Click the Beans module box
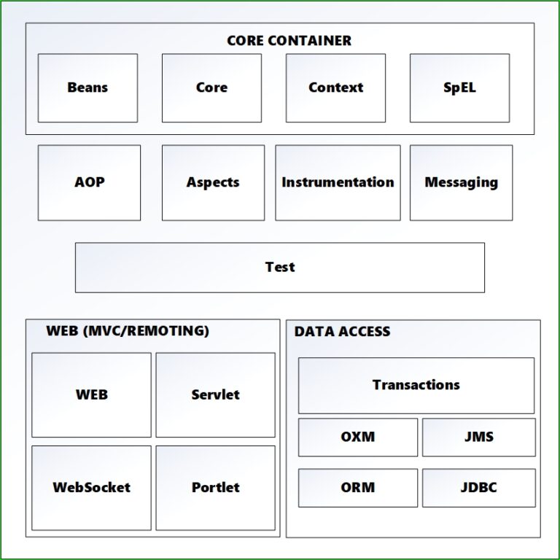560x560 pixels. [x=87, y=87]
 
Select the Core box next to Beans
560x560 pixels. [x=211, y=87]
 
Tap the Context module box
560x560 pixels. [x=335, y=87]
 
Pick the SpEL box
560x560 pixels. [x=459, y=87]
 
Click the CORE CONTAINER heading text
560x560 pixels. [x=289, y=41]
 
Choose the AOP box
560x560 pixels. [x=89, y=182]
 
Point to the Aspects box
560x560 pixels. [x=213, y=182]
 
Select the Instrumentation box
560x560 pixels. [x=338, y=182]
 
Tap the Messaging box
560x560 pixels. [x=461, y=182]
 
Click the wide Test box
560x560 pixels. [x=280, y=267]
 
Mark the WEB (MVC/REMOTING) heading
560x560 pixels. [x=128, y=331]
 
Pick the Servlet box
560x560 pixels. [x=215, y=394]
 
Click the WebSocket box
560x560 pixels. [x=91, y=487]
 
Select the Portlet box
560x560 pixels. [x=215, y=487]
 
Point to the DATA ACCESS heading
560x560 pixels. [x=342, y=332]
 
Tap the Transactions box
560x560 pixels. [x=416, y=385]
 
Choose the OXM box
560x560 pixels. [x=357, y=437]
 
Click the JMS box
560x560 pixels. [x=478, y=437]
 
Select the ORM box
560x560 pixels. [x=357, y=487]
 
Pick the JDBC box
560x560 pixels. [x=478, y=487]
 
